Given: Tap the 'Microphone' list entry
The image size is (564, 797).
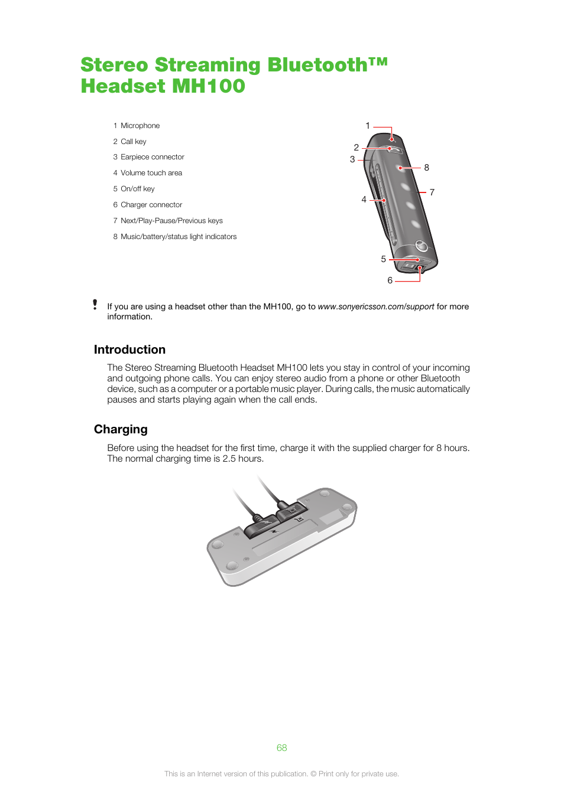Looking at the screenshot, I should [140, 126].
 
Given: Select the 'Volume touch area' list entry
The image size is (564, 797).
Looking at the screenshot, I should [151, 173].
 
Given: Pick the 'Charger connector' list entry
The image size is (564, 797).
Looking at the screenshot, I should [151, 205].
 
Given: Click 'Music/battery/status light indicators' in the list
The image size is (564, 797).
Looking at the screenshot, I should [179, 237].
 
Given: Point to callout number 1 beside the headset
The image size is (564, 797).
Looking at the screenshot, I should [368, 126].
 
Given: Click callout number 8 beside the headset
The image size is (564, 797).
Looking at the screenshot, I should [427, 168].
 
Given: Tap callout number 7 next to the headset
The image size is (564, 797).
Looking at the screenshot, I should [432, 192].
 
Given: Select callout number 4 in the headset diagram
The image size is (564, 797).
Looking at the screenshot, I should [364, 200].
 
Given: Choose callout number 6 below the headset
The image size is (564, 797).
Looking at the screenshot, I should [390, 280].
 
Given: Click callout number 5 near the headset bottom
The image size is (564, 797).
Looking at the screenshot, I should [384, 259].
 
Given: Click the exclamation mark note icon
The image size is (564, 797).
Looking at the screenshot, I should [95, 305].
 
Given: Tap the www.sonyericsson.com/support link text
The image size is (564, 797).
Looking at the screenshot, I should [376, 306].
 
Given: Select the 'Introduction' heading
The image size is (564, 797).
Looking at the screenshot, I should [129, 349].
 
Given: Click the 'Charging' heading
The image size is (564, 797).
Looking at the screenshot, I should [121, 429].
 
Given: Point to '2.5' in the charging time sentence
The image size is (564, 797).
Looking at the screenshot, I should [229, 459].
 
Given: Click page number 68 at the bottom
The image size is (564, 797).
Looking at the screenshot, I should [282, 748].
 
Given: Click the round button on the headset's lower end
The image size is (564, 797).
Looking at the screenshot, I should [421, 245].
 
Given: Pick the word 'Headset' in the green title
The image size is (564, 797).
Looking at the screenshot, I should [123, 86].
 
